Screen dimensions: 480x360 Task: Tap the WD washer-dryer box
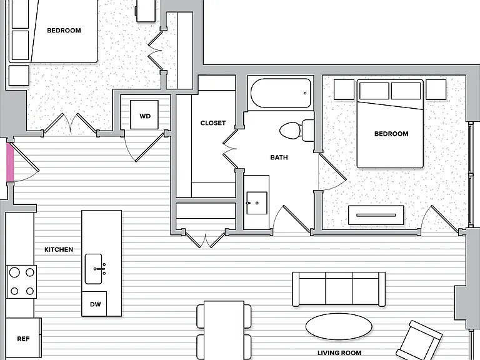pos(144,115)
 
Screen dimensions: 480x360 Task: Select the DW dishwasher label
pos(95,304)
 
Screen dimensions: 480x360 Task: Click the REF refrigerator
pos(23,339)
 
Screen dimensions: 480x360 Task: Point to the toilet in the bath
pos(297,130)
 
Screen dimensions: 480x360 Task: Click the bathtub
pos(281,93)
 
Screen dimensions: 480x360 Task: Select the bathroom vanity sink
pos(256,203)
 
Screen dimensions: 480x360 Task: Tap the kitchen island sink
pos(94,269)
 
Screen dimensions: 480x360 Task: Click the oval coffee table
pos(339,327)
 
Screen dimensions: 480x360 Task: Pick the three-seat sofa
pos(339,289)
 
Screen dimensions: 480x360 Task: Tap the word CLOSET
pos(213,122)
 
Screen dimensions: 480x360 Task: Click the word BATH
pos(279,157)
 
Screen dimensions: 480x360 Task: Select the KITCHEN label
pos(59,249)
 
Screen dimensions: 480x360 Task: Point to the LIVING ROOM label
pos(339,353)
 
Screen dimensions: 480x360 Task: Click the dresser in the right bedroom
pos(376,215)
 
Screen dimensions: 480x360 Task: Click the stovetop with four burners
pos(21,282)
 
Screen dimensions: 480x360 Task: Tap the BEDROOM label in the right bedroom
pos(391,134)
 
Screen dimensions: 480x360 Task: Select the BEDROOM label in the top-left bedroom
pos(64,30)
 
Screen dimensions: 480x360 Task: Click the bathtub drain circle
pos(305,93)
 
